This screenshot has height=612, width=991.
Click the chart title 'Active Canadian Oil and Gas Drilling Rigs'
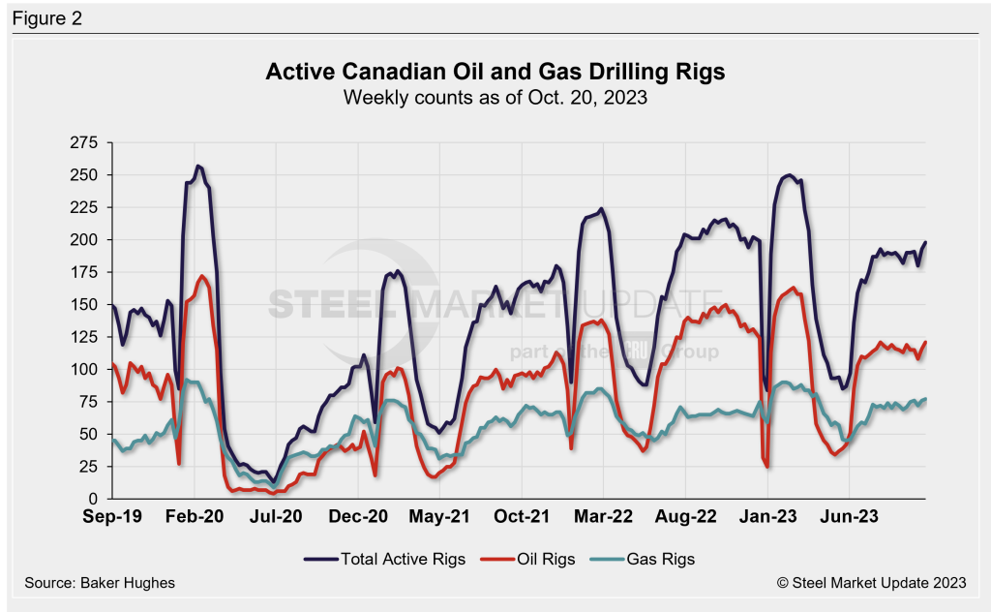pyautogui.click(x=495, y=73)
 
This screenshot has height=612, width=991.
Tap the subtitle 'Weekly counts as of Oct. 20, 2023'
pyautogui.click(x=495, y=97)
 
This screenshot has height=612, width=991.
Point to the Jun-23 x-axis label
pyautogui.click(x=849, y=517)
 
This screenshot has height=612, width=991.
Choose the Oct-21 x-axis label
pyautogui.click(x=522, y=517)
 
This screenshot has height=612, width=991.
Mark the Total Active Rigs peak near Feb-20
pyautogui.click(x=198, y=166)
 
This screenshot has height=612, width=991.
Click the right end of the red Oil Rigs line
pyautogui.click(x=925, y=342)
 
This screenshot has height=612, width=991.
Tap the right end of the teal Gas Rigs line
pyautogui.click(x=925, y=399)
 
